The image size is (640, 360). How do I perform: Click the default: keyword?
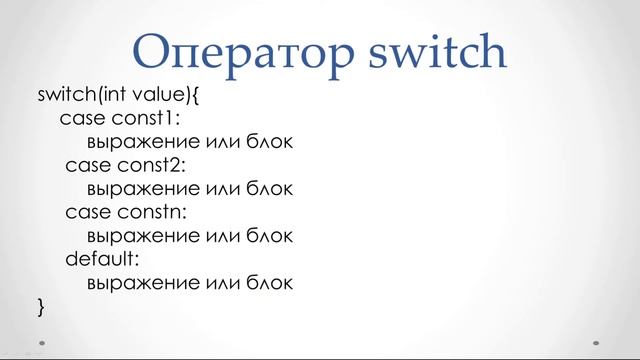(102, 259)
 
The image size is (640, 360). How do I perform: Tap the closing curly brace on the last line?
(41, 306)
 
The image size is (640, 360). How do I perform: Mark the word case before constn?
(88, 212)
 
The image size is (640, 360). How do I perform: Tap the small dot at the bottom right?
(596, 339)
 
